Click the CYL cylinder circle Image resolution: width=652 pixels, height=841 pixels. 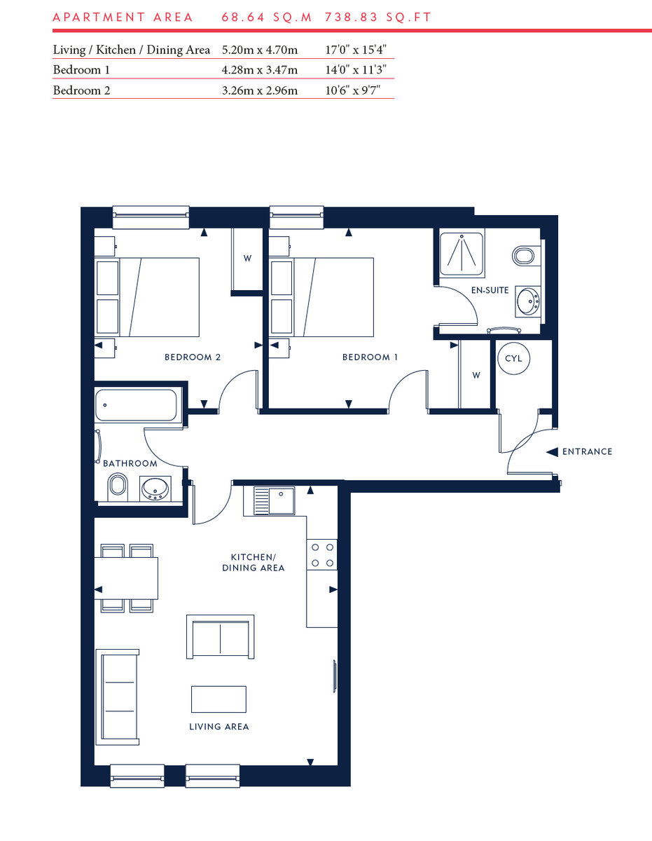pyautogui.click(x=513, y=358)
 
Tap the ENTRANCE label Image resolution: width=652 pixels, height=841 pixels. pyautogui.click(x=587, y=452)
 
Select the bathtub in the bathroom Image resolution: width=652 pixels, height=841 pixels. pyautogui.click(x=137, y=404)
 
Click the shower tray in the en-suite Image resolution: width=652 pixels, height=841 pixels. pyautogui.click(x=461, y=253)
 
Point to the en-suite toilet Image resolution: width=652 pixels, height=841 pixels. pyautogui.click(x=525, y=254)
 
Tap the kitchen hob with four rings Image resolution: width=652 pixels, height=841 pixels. pyautogui.click(x=321, y=554)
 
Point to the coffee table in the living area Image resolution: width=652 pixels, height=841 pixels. pyautogui.click(x=219, y=699)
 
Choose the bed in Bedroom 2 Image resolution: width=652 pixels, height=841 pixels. pyautogui.click(x=160, y=296)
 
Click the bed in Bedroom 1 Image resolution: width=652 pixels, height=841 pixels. pyautogui.click(x=334, y=296)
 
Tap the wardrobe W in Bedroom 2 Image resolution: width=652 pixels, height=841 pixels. pyautogui.click(x=247, y=258)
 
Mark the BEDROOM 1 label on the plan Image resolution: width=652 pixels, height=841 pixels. pyautogui.click(x=370, y=357)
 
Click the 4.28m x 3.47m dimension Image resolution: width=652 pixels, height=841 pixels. pyautogui.click(x=259, y=70)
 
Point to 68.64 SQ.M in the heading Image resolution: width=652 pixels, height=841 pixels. pyautogui.click(x=267, y=17)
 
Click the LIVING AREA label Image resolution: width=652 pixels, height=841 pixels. pyautogui.click(x=219, y=727)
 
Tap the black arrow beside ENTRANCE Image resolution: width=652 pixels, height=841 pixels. pyautogui.click(x=552, y=452)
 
